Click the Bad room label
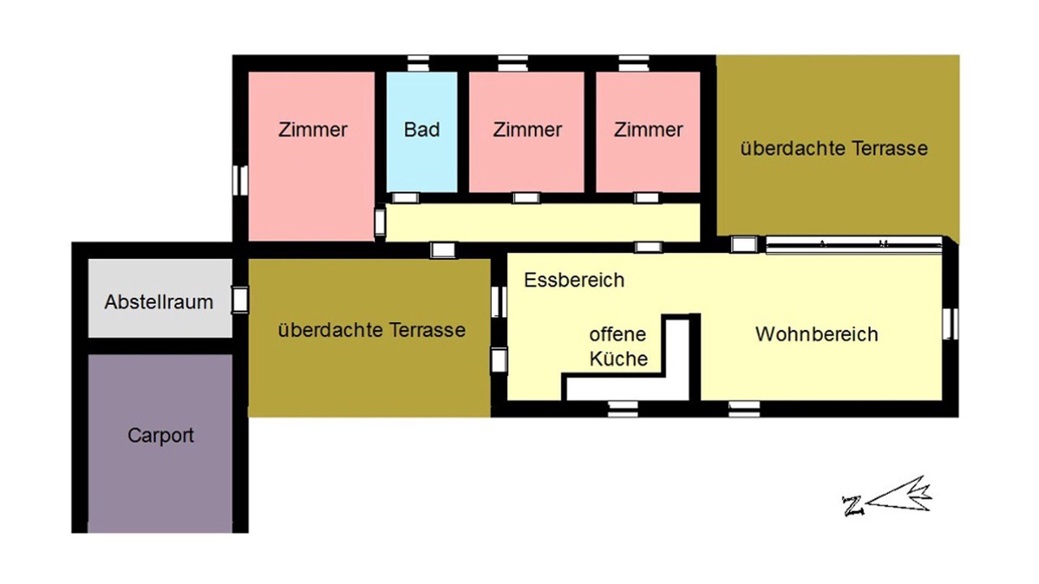point(421,130)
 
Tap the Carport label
point(161,436)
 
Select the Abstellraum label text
point(158,303)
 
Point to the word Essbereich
point(574,281)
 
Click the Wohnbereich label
point(817,334)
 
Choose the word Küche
point(619,359)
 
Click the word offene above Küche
point(618,334)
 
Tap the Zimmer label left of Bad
point(313,130)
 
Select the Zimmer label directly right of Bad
point(528,130)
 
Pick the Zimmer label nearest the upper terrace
point(649,130)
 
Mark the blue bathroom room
point(421,132)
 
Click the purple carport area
point(160,444)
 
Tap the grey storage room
point(160,298)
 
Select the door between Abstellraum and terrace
point(239,300)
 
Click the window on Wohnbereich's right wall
point(950,324)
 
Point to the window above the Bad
point(418,63)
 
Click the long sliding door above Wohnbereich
point(854,244)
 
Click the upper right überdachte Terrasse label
point(834,148)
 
